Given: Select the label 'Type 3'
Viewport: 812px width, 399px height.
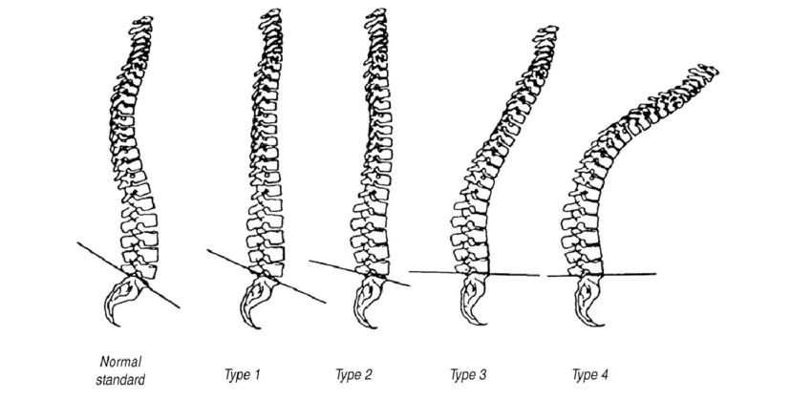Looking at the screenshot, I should (x=468, y=374).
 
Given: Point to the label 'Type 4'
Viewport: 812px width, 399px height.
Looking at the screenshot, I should (x=590, y=374).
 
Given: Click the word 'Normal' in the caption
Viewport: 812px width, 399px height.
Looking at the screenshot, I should (x=120, y=363).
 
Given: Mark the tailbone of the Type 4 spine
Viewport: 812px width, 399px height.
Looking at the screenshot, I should (x=584, y=307).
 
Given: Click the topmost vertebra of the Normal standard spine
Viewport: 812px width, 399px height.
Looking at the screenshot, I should (x=142, y=20).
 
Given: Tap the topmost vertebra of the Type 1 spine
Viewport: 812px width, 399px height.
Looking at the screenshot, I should (x=272, y=14).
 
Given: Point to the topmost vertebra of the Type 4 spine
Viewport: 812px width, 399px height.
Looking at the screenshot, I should (x=707, y=71).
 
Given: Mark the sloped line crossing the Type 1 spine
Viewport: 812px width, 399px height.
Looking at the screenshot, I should (x=225, y=259).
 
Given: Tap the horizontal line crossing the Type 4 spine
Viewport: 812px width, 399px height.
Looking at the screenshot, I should (x=630, y=275).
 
